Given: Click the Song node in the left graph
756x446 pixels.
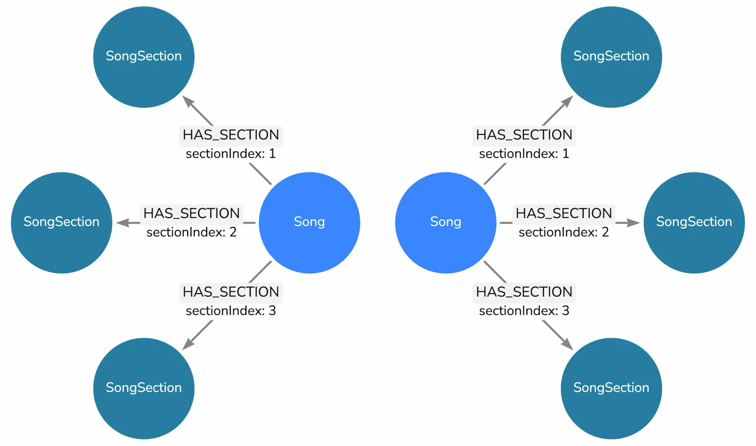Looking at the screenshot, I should (x=309, y=222).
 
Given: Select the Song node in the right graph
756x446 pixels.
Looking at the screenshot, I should (x=446, y=222).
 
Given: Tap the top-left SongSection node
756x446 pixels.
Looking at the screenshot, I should (x=144, y=57).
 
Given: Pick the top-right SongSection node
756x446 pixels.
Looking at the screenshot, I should (x=611, y=57).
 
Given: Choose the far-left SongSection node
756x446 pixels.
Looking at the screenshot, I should (x=62, y=222).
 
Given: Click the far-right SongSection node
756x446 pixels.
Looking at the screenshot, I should (x=694, y=222).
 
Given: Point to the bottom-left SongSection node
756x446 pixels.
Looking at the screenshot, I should (x=144, y=388).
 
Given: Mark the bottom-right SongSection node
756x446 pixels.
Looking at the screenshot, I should (x=611, y=388).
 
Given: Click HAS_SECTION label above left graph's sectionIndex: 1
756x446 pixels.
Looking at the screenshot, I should (x=231, y=135).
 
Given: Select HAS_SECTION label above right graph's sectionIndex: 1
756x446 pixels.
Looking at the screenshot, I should (x=524, y=135).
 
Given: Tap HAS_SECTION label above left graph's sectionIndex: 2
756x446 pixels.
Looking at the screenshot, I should (x=191, y=213).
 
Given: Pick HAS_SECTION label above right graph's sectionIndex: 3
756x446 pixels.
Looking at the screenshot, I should (x=524, y=292).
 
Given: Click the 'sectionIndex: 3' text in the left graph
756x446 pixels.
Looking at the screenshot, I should (x=231, y=311).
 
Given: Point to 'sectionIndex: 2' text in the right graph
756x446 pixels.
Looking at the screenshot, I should (x=564, y=232).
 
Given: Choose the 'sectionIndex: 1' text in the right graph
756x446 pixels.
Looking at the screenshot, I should (x=524, y=154).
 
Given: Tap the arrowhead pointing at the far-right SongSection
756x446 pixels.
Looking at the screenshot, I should (x=634, y=223).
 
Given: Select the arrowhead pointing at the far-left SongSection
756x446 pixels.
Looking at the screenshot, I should (x=122, y=223).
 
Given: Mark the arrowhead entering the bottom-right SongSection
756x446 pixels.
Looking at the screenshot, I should (x=567, y=345).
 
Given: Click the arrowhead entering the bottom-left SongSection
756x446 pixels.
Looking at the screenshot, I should (x=188, y=345).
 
